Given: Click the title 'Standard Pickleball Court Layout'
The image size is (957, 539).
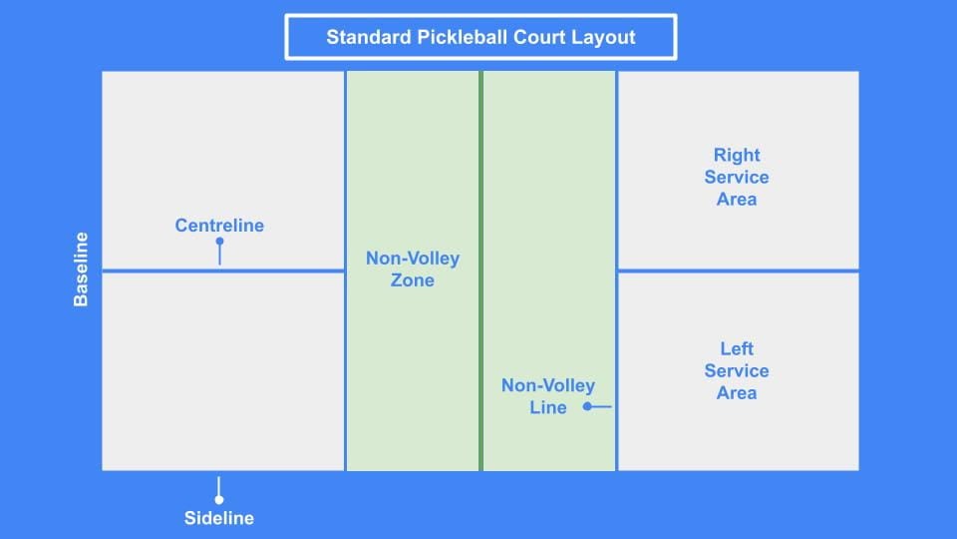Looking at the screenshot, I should pos(480,38).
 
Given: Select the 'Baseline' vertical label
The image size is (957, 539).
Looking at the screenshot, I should pos(82,269).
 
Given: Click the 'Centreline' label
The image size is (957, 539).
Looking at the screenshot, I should pos(219,226).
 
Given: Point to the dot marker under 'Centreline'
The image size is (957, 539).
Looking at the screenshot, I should pos(219,242).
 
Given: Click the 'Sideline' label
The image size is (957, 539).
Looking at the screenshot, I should pos(219,518).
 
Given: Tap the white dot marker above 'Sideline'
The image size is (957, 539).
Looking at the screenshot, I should pos(219,499).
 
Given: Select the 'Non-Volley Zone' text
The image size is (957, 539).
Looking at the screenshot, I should pos(413,269).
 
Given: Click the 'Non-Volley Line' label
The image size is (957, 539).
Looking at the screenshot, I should pos(548,396).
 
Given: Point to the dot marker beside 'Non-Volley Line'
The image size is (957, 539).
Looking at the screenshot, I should pos(588,406).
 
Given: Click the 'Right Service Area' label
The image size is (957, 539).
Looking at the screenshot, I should pos(737,177).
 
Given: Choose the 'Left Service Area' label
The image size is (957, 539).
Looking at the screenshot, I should pos(737,370).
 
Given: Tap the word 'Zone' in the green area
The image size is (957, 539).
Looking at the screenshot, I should pos(413,280).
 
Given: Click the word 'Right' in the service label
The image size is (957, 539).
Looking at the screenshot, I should pos(737,155).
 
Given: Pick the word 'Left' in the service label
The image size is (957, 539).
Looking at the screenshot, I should pos(737,348).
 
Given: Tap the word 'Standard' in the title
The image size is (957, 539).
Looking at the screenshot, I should pos(365,38).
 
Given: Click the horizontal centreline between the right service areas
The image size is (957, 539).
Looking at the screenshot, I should pos(738,269).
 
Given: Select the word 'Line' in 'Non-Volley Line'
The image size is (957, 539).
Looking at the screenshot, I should pos(548,407).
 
